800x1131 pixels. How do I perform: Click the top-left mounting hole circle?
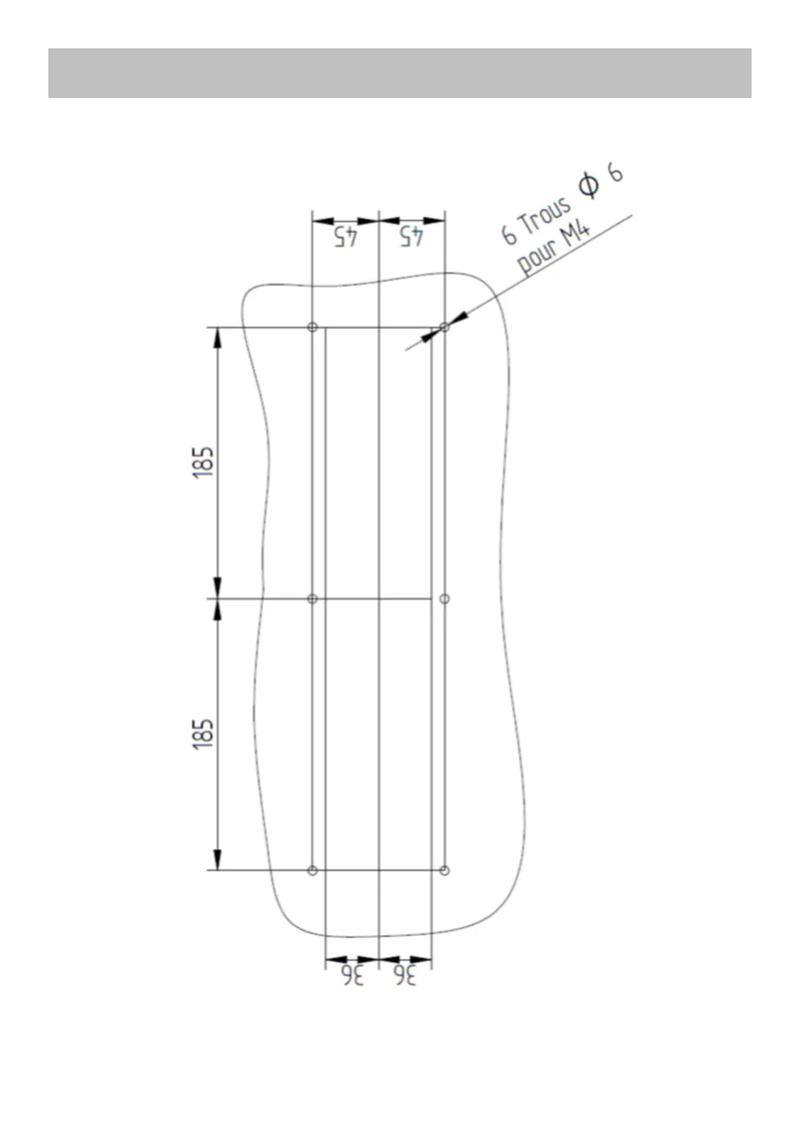[x=312, y=327]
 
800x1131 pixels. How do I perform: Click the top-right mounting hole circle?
[x=445, y=327]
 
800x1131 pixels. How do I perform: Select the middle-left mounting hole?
[x=312, y=599]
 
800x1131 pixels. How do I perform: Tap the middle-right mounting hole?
[x=445, y=599]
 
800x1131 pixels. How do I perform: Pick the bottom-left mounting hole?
[x=312, y=870]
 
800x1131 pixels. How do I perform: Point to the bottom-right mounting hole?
[x=445, y=870]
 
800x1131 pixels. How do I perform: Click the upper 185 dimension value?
[x=203, y=463]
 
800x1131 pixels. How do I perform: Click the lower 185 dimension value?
[x=203, y=734]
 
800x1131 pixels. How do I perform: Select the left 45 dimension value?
[x=346, y=237]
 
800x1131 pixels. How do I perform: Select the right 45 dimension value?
[x=412, y=237]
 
